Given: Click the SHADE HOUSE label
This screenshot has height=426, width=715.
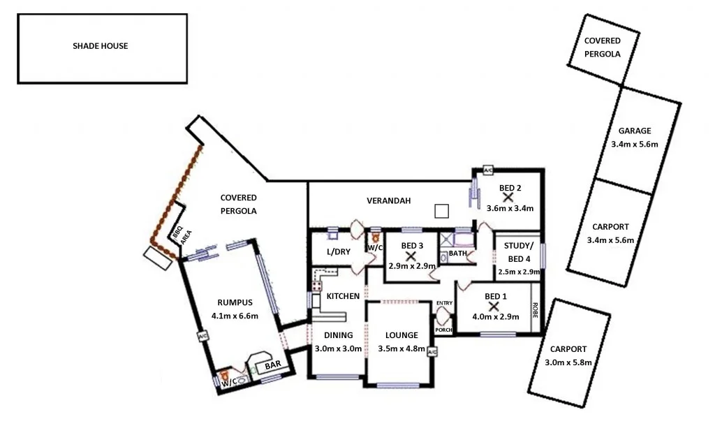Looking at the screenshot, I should click(101, 47).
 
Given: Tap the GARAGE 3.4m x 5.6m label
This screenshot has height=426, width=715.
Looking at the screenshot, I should click(634, 138).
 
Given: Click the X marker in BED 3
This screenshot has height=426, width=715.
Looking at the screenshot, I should click(411, 256).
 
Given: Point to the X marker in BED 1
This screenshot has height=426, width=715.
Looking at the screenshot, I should click(494, 306).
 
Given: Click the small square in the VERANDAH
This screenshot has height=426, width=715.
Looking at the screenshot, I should click(441, 211).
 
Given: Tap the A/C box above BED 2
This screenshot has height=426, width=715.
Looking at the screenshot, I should click(487, 170).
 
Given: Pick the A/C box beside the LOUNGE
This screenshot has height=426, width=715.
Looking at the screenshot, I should click(432, 351).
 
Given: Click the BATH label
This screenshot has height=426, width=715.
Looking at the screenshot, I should click(457, 254).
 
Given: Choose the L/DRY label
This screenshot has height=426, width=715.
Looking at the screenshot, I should click(338, 252).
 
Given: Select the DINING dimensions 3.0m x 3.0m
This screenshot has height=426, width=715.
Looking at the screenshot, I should click(338, 348).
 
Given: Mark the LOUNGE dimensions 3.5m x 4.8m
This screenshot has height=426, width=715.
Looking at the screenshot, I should click(401, 348).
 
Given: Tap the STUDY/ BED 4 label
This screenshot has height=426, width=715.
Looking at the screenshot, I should click(517, 252).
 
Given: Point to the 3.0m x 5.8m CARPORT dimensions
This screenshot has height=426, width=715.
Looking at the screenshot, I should click(568, 362).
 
